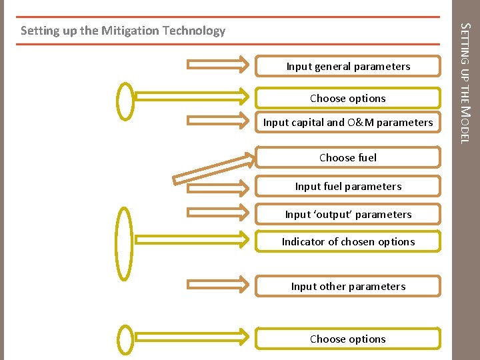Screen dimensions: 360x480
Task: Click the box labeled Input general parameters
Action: (348, 66)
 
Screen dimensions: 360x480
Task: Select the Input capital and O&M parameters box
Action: (348, 122)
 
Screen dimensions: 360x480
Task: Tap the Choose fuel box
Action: (348, 157)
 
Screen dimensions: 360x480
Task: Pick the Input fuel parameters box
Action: (348, 186)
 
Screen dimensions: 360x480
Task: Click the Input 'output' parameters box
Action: (348, 214)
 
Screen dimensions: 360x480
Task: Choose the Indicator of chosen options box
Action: (348, 241)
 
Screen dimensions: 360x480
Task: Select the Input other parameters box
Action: (348, 286)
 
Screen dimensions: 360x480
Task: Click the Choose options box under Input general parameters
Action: (348, 98)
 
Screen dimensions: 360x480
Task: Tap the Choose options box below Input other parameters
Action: (348, 339)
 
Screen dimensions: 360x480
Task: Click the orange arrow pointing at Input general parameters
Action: (219, 65)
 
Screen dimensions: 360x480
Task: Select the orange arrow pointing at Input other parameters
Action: (219, 285)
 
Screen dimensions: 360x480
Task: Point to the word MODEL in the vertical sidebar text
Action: (466, 124)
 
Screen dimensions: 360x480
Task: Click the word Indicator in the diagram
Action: (303, 241)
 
